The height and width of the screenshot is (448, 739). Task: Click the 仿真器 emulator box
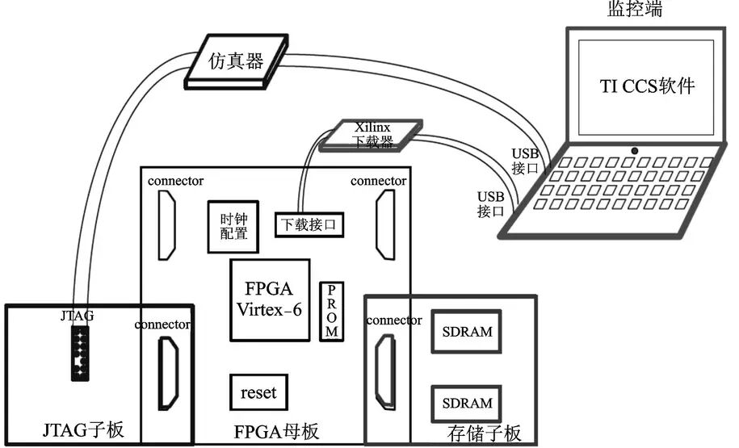coord(237,60)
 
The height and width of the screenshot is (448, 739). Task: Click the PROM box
coord(332,312)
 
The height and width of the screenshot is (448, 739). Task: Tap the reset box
coord(258,393)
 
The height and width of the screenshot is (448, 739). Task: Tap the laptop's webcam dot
coord(636,151)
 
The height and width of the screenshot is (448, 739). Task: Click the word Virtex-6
coord(270,310)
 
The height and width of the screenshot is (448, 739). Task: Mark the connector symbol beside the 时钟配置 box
coord(166,226)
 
